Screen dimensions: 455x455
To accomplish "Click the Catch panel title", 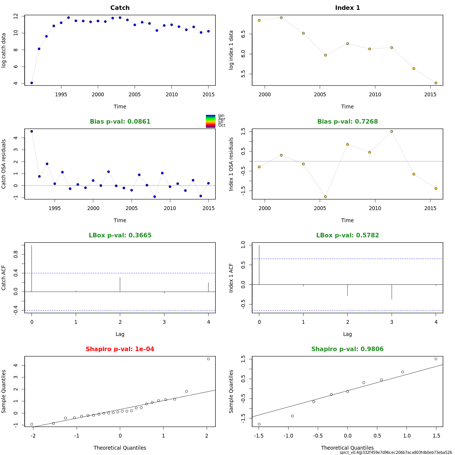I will coord(120,8).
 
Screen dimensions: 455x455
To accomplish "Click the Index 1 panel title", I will coord(347,8).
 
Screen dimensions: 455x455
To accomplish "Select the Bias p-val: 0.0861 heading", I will coord(120,122).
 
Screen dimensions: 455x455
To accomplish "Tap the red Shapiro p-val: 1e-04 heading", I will coord(120,349).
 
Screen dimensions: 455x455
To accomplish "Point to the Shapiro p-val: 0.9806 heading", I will coord(347,349).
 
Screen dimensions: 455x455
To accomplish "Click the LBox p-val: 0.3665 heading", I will coord(120,235).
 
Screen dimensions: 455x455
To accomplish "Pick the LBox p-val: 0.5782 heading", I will coord(347,235).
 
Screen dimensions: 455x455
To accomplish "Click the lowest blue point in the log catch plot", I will coord(31,83).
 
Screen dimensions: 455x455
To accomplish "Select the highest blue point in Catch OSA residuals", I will coord(31,131).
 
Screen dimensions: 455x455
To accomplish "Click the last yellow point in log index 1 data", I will coord(436,83).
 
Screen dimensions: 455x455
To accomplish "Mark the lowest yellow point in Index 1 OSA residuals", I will coord(325,196).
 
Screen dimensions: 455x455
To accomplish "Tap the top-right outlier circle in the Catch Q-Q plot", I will coord(208,359).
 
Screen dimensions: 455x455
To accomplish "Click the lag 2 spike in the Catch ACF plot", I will coord(120,285).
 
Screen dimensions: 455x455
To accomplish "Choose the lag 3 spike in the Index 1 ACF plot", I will coord(392,292).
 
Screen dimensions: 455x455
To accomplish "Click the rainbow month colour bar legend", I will coord(210,121).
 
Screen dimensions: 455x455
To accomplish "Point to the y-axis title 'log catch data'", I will coord(4,50).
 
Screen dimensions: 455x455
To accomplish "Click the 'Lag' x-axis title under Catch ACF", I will coord(120,334).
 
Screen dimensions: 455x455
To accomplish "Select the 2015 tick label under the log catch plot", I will coord(208,94).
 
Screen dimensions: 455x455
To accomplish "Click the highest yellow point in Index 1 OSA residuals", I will coord(392,131).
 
